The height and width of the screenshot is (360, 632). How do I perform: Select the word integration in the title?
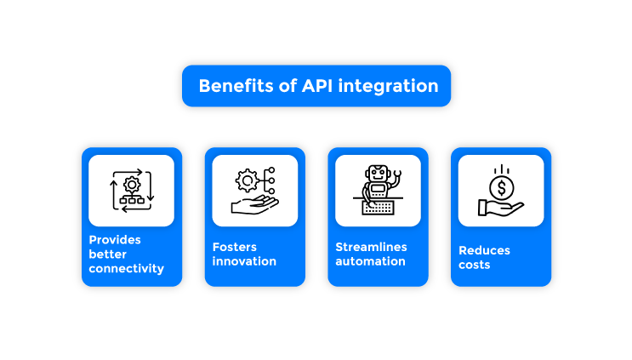tap(390, 86)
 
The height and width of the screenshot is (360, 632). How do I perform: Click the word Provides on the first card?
tap(115, 240)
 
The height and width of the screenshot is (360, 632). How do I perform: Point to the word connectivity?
tap(126, 269)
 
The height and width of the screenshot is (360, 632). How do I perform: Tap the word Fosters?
tap(235, 247)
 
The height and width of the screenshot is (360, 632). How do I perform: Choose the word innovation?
tap(244, 261)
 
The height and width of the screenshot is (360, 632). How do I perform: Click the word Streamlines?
tap(371, 247)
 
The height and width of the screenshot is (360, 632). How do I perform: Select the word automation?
tap(370, 261)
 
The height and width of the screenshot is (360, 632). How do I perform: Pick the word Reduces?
tap(485, 250)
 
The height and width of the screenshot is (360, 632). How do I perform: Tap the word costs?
tap(475, 265)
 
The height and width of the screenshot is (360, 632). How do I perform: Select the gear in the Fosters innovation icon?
tap(248, 180)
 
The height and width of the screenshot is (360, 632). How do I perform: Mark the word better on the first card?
tap(108, 254)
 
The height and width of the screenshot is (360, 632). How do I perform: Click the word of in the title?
tap(287, 86)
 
